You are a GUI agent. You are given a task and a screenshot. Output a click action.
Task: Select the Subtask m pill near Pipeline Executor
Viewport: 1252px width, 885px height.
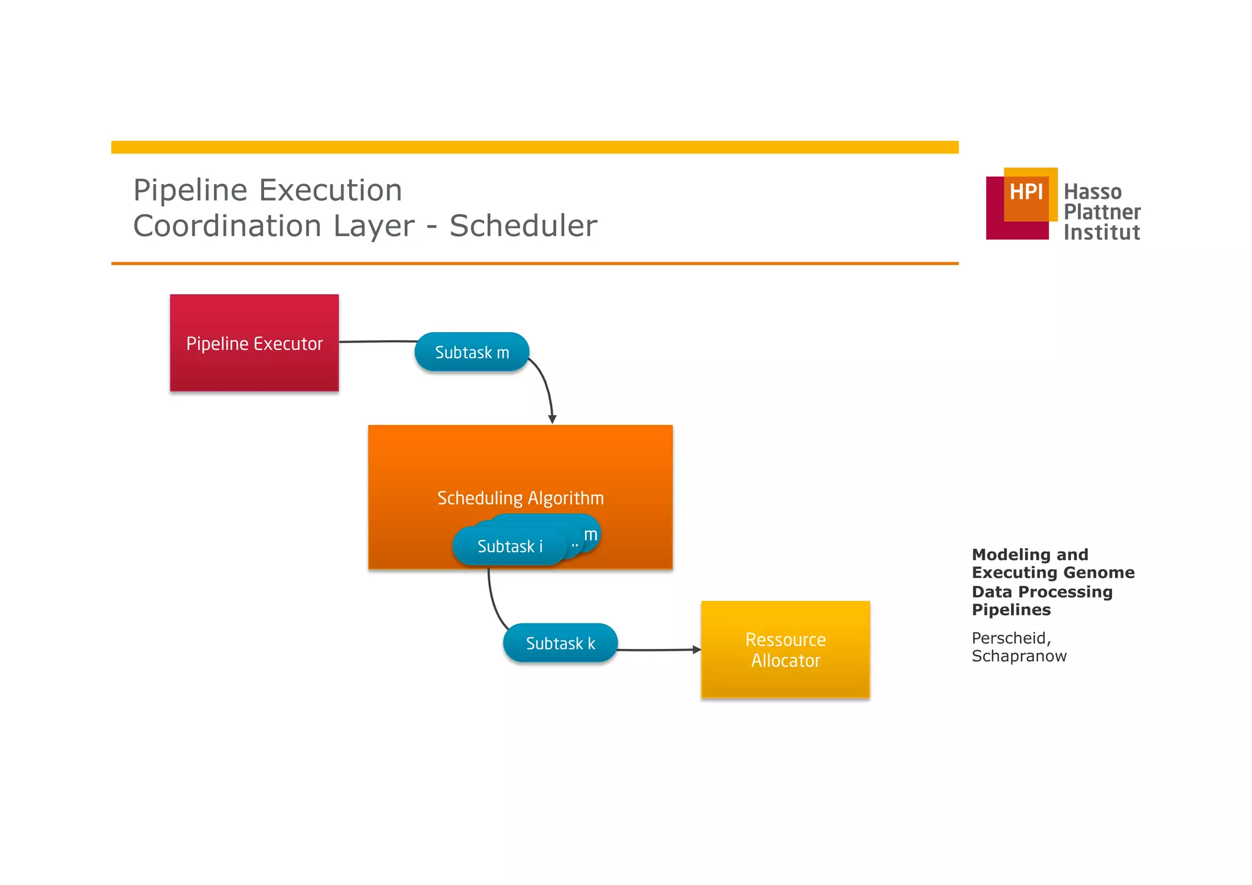(x=471, y=352)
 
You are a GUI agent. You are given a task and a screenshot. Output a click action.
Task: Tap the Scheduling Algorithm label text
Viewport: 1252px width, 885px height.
(x=520, y=498)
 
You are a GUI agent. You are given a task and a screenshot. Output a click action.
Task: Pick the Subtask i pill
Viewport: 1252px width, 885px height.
(x=509, y=546)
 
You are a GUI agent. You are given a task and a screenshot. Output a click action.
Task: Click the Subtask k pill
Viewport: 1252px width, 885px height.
(x=560, y=643)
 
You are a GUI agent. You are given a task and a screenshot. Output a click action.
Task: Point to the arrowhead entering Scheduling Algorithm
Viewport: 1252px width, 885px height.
(x=552, y=420)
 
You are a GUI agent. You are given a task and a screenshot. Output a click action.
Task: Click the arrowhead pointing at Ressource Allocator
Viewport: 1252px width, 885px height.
(x=696, y=650)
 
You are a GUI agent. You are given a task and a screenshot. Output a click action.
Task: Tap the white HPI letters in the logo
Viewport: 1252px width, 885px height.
(x=1026, y=192)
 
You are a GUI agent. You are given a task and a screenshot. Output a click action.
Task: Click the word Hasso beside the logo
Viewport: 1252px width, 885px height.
(x=1092, y=192)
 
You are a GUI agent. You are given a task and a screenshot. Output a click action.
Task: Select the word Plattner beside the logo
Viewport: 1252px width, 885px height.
(x=1102, y=212)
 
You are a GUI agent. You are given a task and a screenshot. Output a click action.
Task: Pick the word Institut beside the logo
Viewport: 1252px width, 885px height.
(x=1101, y=232)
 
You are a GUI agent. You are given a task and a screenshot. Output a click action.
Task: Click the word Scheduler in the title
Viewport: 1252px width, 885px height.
(x=523, y=226)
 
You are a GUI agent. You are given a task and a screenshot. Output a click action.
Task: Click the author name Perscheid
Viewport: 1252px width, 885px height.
(x=1010, y=638)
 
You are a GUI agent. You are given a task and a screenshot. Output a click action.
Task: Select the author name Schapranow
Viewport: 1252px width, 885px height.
(x=1018, y=656)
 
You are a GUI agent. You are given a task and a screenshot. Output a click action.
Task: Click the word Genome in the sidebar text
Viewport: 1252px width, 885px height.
(x=1104, y=572)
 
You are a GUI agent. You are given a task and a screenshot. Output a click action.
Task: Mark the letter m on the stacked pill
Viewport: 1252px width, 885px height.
(x=591, y=535)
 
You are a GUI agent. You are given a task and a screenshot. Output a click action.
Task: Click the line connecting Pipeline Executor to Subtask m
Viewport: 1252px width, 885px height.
(x=377, y=341)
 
